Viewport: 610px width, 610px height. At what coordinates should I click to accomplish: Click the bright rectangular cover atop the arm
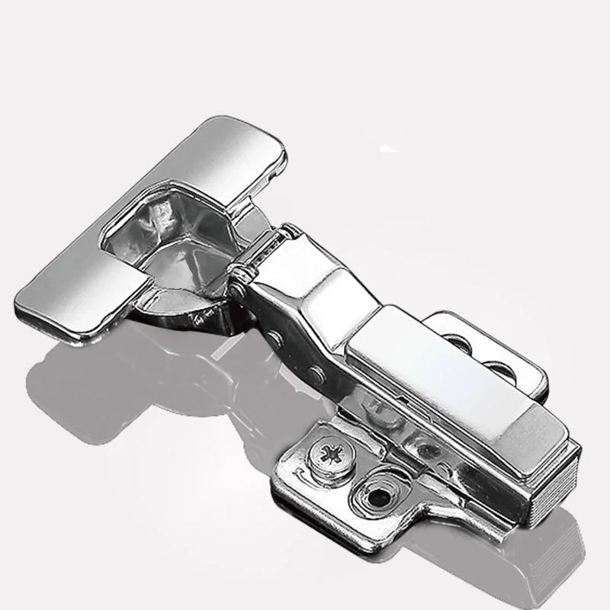coord(427,366)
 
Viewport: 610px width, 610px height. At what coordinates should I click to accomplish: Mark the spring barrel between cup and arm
coord(263,249)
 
